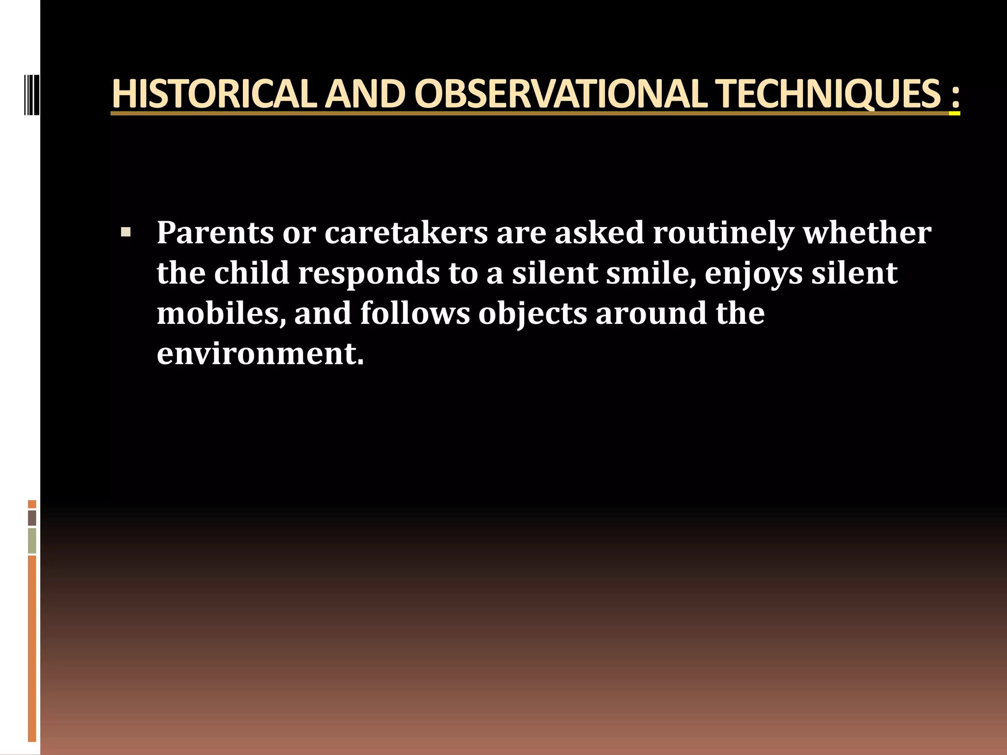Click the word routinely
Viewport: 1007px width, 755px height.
[723, 233]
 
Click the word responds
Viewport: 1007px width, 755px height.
[369, 274]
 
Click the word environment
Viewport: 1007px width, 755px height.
[260, 353]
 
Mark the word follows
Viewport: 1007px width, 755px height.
[415, 313]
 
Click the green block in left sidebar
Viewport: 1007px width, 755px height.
[32, 541]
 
